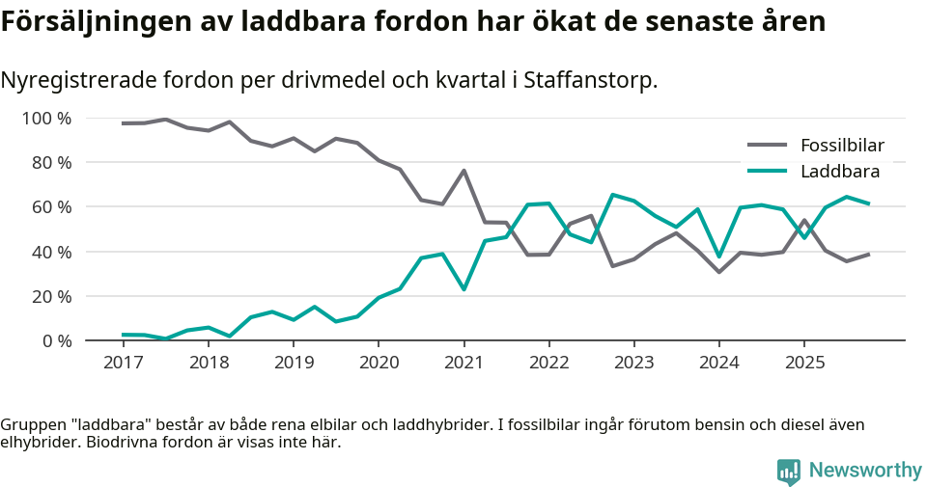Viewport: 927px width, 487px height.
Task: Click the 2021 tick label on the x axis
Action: tap(463, 363)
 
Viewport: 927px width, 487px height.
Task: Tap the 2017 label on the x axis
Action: tap(123, 363)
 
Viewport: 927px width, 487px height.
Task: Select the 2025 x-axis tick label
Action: tap(804, 363)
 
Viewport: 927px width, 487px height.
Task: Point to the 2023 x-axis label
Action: tap(633, 363)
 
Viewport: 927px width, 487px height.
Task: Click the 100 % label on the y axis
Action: tap(46, 119)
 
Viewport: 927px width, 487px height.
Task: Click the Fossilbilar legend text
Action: tap(842, 146)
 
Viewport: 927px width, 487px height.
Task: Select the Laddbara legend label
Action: tap(839, 172)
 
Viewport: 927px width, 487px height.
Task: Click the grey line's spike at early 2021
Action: tap(463, 171)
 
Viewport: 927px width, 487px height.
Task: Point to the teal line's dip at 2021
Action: tap(463, 289)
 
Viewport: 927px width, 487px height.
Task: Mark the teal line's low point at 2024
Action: tap(718, 257)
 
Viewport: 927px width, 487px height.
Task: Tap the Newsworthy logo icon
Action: tap(788, 471)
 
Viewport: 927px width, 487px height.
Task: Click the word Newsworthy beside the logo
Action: tap(865, 471)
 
